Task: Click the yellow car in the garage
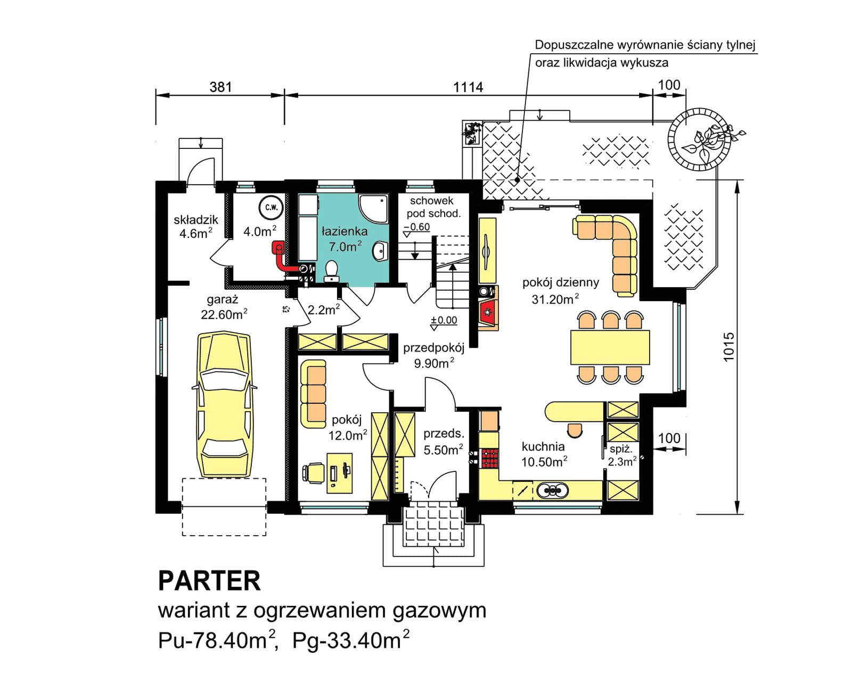pos(224,404)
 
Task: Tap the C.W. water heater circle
pos(272,207)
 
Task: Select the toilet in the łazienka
pos(331,271)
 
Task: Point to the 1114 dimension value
pos(468,87)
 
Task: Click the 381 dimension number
pos(220,87)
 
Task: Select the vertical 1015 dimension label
pos(728,347)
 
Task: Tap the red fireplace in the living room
pos(487,312)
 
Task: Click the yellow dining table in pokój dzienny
pos(610,347)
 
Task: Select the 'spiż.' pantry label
pos(620,449)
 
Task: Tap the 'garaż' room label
pos(222,299)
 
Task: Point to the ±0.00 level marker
pos(444,320)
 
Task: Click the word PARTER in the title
pos(209,581)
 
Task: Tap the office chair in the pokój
pos(314,472)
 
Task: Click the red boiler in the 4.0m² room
pos(278,248)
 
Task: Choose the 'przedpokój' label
pos(433,348)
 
